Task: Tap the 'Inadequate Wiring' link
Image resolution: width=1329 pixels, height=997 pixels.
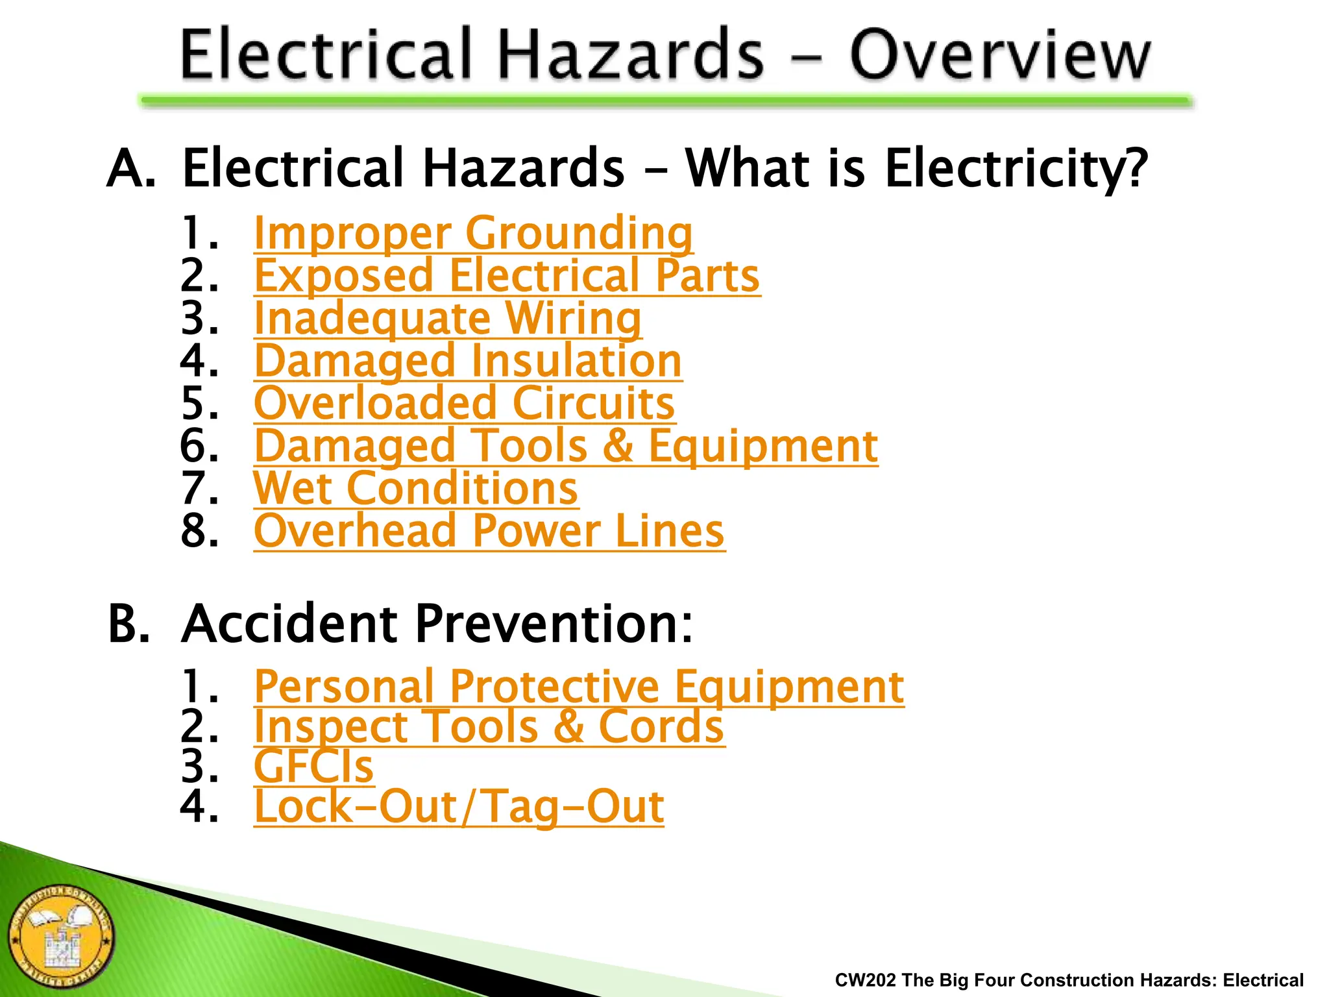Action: (x=448, y=318)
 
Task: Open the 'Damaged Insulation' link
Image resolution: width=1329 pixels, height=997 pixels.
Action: (x=468, y=360)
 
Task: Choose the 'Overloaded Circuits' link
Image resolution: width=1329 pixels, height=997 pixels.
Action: (x=465, y=403)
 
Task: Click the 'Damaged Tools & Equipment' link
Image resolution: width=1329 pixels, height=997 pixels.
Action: (x=566, y=446)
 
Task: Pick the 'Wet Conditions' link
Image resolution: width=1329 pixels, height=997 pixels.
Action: (x=416, y=488)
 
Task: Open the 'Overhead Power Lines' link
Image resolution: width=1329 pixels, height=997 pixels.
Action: (x=489, y=531)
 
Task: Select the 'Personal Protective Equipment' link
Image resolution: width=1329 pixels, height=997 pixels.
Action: (x=579, y=686)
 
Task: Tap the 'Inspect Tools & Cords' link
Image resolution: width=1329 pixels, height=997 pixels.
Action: (x=489, y=726)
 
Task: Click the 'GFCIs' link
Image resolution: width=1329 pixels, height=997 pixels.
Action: (x=314, y=767)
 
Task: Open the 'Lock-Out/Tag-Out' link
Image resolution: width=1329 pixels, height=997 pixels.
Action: (x=459, y=807)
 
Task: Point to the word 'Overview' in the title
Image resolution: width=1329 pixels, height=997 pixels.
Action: (x=1000, y=55)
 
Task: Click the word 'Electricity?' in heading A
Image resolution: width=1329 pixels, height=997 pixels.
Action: (x=1016, y=168)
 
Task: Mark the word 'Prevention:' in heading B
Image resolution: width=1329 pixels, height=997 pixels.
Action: (x=554, y=624)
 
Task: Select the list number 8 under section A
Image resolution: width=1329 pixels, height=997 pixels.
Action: (x=199, y=531)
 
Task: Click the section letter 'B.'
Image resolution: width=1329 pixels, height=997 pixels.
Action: (x=129, y=624)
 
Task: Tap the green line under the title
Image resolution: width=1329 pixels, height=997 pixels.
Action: (x=666, y=101)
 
